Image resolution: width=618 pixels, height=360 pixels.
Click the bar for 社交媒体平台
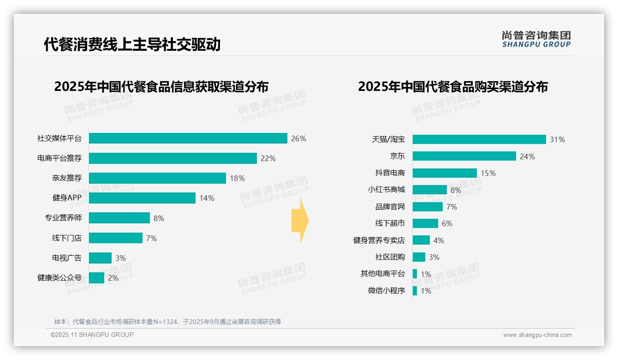point(188,138)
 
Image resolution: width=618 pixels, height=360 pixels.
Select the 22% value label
point(268,158)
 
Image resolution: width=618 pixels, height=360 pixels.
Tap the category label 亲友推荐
point(66,178)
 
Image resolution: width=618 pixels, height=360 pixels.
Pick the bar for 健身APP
point(142,198)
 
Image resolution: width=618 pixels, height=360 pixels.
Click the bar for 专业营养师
point(119,218)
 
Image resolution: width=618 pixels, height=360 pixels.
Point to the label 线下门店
point(66,238)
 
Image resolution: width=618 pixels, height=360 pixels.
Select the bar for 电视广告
point(100,258)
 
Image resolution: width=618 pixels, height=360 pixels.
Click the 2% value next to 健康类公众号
point(113,278)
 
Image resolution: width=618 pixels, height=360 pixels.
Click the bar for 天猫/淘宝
point(479,139)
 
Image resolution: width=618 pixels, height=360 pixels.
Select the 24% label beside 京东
point(527,156)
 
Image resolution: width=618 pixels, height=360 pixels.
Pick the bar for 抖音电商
point(445,173)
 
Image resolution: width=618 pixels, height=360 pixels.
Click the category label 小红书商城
point(386,190)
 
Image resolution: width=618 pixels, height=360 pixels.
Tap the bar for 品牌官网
point(428,207)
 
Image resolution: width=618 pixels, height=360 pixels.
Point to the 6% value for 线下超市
point(447,223)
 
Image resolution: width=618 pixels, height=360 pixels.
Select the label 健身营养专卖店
point(379,240)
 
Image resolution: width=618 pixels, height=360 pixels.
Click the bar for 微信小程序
point(415,291)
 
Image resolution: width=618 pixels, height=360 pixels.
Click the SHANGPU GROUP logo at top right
point(536,39)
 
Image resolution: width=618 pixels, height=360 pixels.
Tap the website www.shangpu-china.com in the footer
point(537,335)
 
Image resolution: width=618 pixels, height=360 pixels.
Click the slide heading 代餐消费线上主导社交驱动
point(132,44)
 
